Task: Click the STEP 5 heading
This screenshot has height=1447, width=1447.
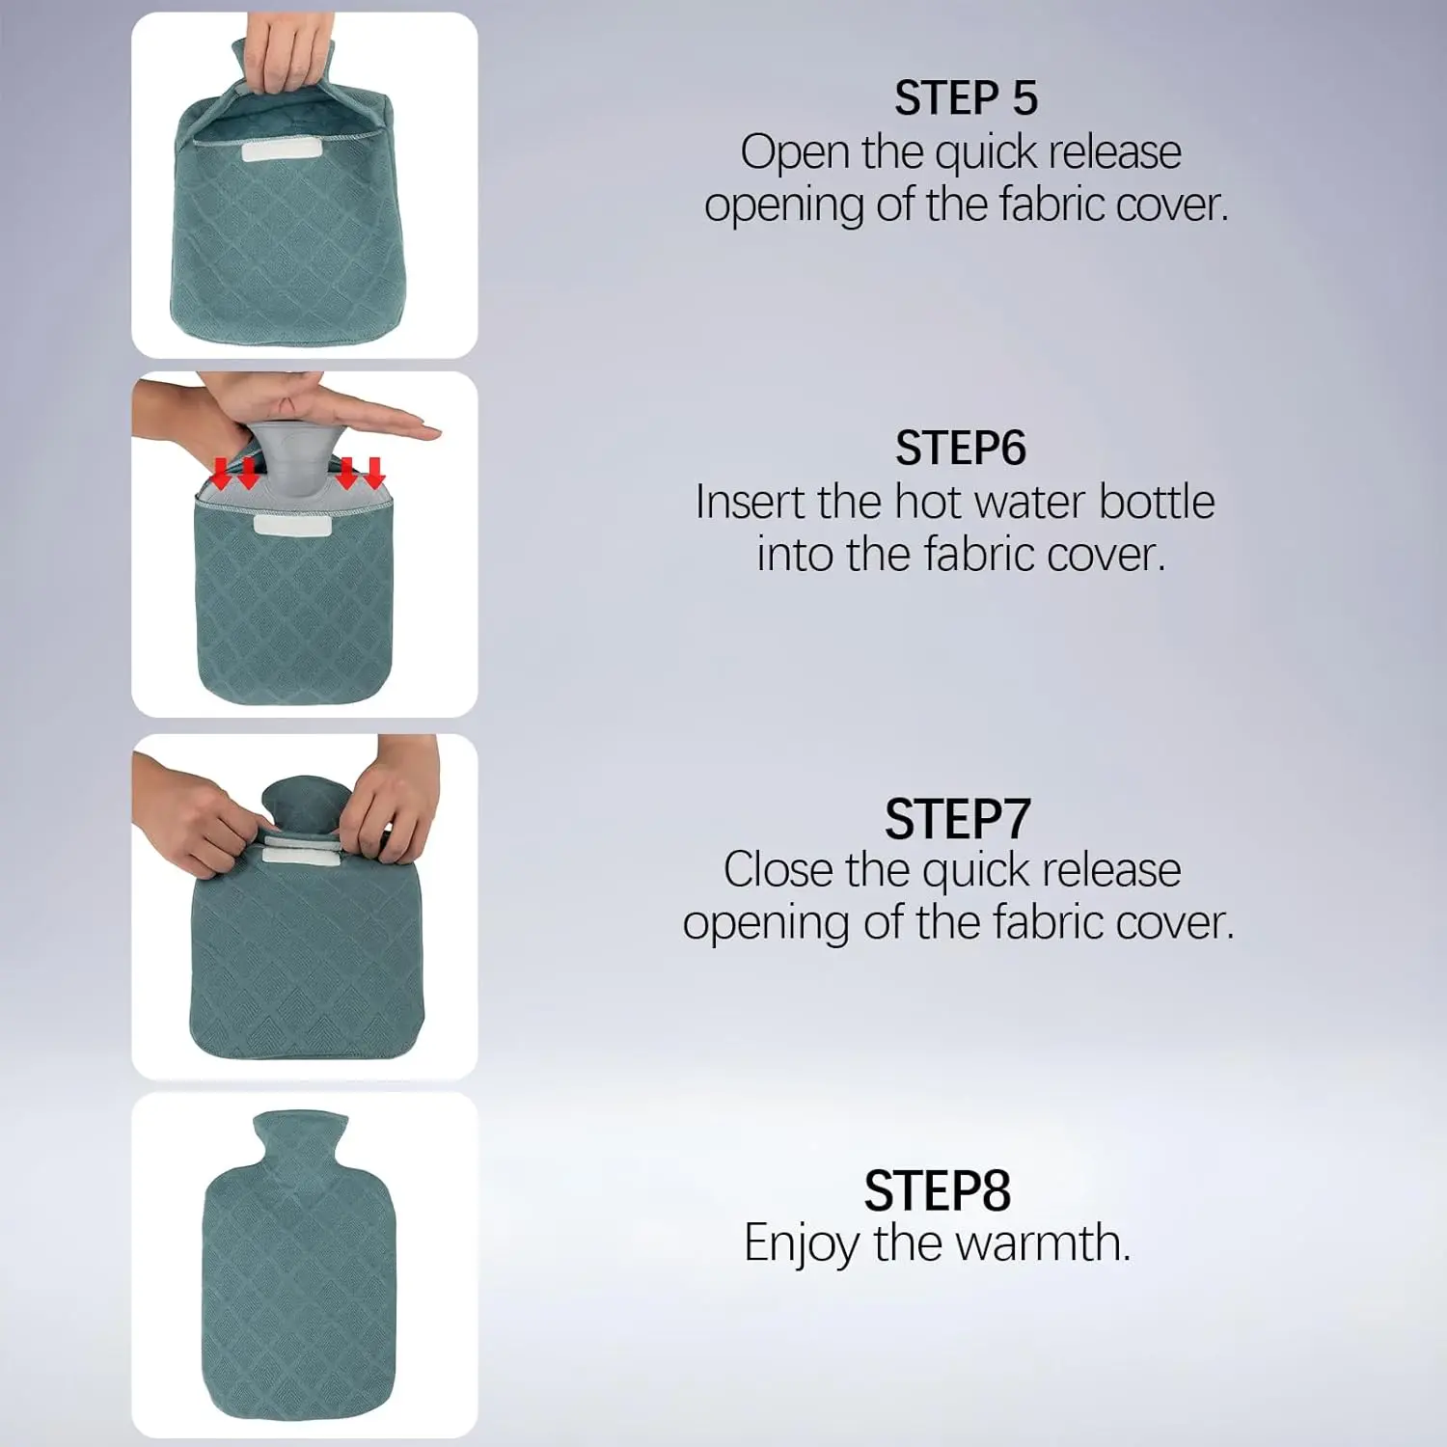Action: pos(965,98)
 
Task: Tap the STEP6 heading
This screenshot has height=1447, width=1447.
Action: pos(960,449)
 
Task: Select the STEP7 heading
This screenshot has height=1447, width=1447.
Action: pos(957,820)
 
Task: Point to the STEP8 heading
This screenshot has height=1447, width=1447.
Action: pos(937,1191)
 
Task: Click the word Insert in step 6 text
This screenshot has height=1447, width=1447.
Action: pos(750,503)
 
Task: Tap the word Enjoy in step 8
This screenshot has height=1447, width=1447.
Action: pos(800,1244)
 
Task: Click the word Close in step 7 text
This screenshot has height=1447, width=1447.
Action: pos(778,870)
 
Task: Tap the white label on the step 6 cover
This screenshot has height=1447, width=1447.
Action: pos(292,525)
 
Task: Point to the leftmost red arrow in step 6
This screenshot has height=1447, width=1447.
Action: pos(221,473)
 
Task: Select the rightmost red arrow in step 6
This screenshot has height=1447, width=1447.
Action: pos(374,472)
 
